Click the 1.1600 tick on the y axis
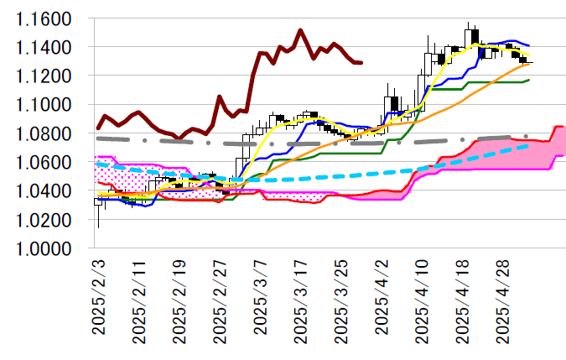(44, 18)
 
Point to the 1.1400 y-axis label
(44, 47)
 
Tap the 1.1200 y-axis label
(44, 76)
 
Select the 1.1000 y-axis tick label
(44, 105)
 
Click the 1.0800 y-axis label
(44, 133)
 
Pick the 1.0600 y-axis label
(44, 163)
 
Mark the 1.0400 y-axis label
(44, 191)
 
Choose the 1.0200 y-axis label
(44, 220)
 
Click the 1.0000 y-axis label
(44, 249)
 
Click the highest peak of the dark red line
(300, 30)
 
